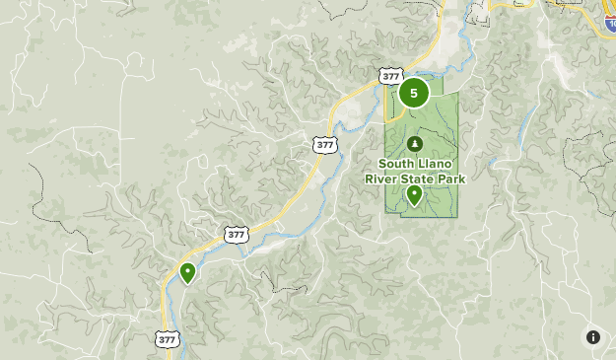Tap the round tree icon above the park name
(414, 144)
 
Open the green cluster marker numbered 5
(414, 94)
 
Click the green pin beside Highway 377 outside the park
(186, 273)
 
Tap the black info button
(593, 337)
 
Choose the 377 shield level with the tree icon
(325, 144)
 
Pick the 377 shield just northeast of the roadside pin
(235, 234)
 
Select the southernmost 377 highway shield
(167, 338)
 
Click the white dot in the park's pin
(414, 192)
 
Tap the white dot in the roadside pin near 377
(186, 270)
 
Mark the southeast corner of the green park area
(458, 216)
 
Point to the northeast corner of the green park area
(458, 93)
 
